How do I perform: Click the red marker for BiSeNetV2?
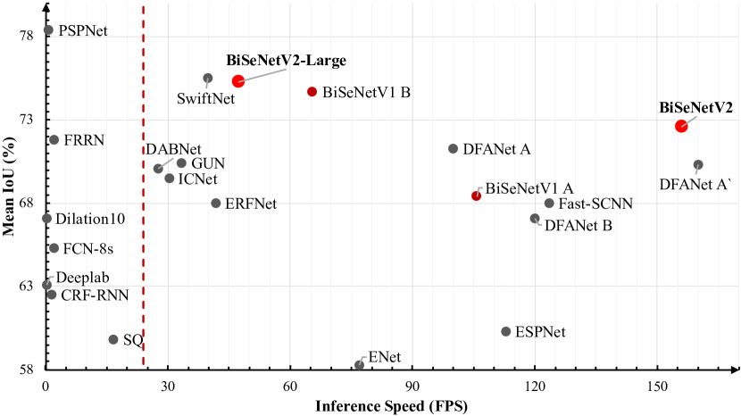681,126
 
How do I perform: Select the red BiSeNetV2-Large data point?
238,81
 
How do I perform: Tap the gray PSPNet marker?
48,30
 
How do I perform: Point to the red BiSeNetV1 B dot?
312,91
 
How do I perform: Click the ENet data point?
359,365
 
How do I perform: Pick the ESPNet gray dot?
506,331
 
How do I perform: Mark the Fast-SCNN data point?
549,204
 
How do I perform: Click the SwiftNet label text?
206,98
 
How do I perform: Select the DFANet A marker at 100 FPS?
453,149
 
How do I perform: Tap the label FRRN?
84,140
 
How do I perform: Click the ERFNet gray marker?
216,204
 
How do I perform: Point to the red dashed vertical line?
144,223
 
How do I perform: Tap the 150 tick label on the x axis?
658,387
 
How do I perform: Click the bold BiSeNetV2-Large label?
287,61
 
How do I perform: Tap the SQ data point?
113,339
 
